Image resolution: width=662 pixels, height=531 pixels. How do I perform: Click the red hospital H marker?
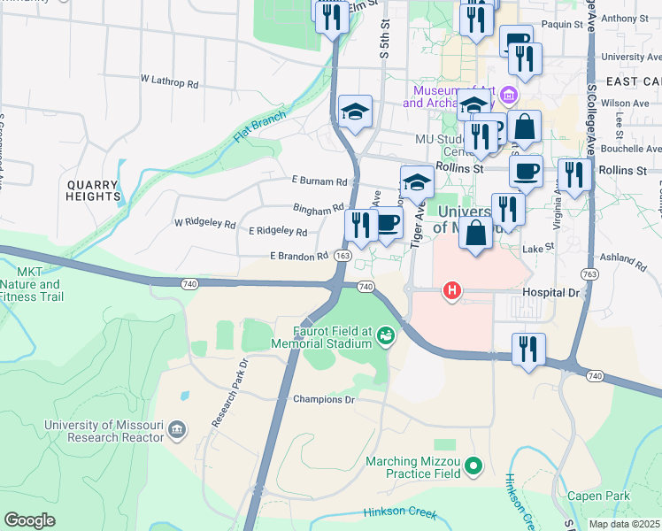[452, 290]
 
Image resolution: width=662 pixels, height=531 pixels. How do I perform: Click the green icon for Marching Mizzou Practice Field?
[474, 463]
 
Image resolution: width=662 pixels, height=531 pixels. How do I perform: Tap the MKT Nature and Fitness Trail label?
[31, 284]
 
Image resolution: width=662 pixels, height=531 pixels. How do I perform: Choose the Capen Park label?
[597, 496]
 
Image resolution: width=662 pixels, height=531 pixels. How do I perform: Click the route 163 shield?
[343, 255]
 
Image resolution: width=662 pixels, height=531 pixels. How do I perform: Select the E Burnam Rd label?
[319, 181]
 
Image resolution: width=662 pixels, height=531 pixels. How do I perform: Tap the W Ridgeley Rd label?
[204, 225]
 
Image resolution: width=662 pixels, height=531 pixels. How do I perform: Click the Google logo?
[29, 519]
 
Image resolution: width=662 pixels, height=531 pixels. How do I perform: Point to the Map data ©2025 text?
[625, 524]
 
